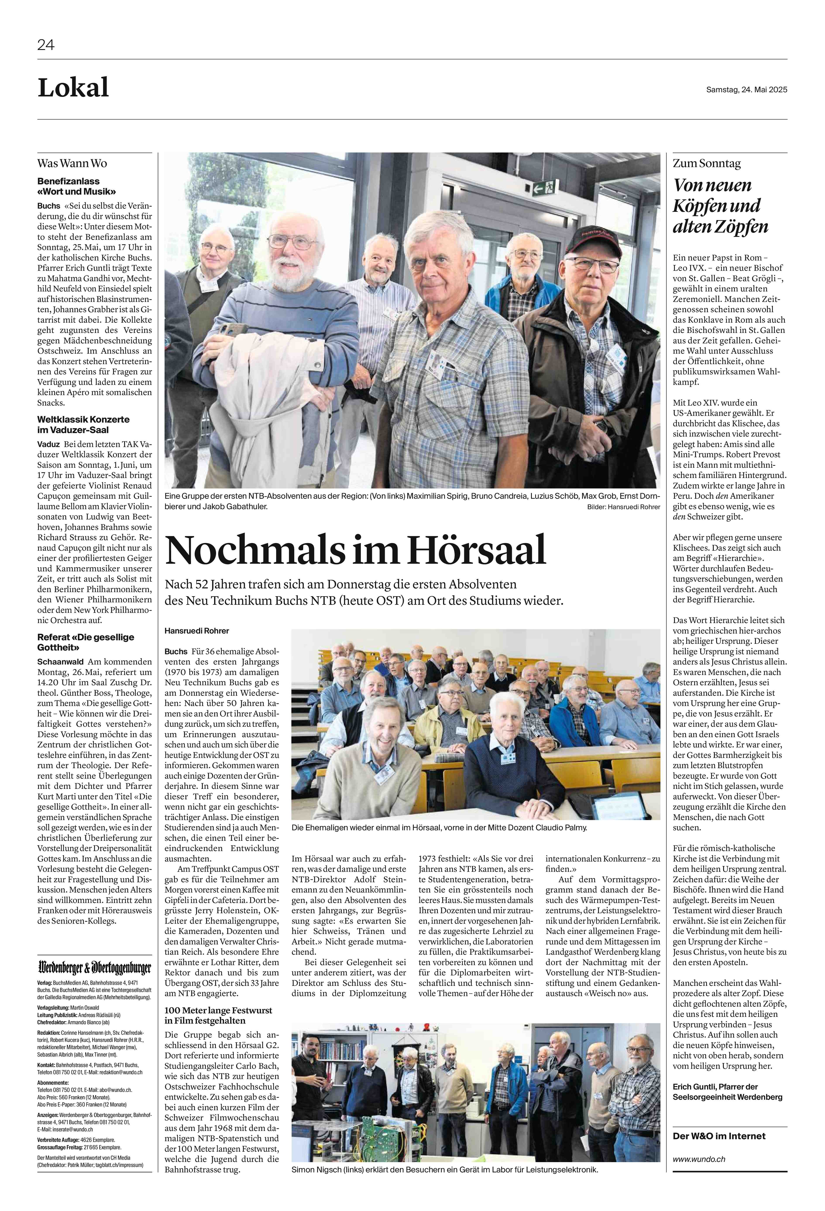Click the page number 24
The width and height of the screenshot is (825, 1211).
[x=46, y=45]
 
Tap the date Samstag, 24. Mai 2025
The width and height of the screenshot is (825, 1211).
[x=746, y=90]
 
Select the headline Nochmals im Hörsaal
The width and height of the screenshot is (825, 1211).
[x=356, y=550]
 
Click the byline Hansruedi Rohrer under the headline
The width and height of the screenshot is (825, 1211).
[x=196, y=630]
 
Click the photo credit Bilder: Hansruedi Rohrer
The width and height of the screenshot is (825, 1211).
[x=623, y=507]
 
